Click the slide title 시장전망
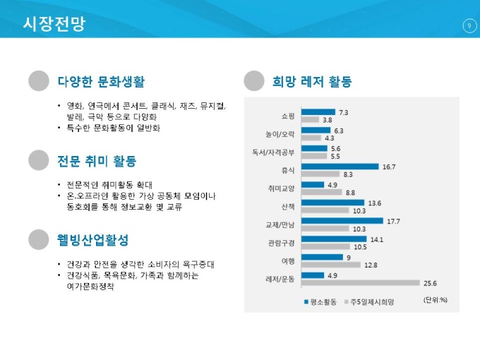[x=54, y=24]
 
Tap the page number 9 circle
[x=469, y=26]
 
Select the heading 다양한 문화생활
[x=101, y=82]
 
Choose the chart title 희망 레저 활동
[x=311, y=82]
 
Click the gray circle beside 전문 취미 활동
[x=39, y=160]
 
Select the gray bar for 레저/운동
[x=360, y=283]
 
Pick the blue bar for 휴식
[x=340, y=167]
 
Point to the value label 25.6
[x=430, y=283]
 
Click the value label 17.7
[x=393, y=221]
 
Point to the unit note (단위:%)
[x=436, y=299]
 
